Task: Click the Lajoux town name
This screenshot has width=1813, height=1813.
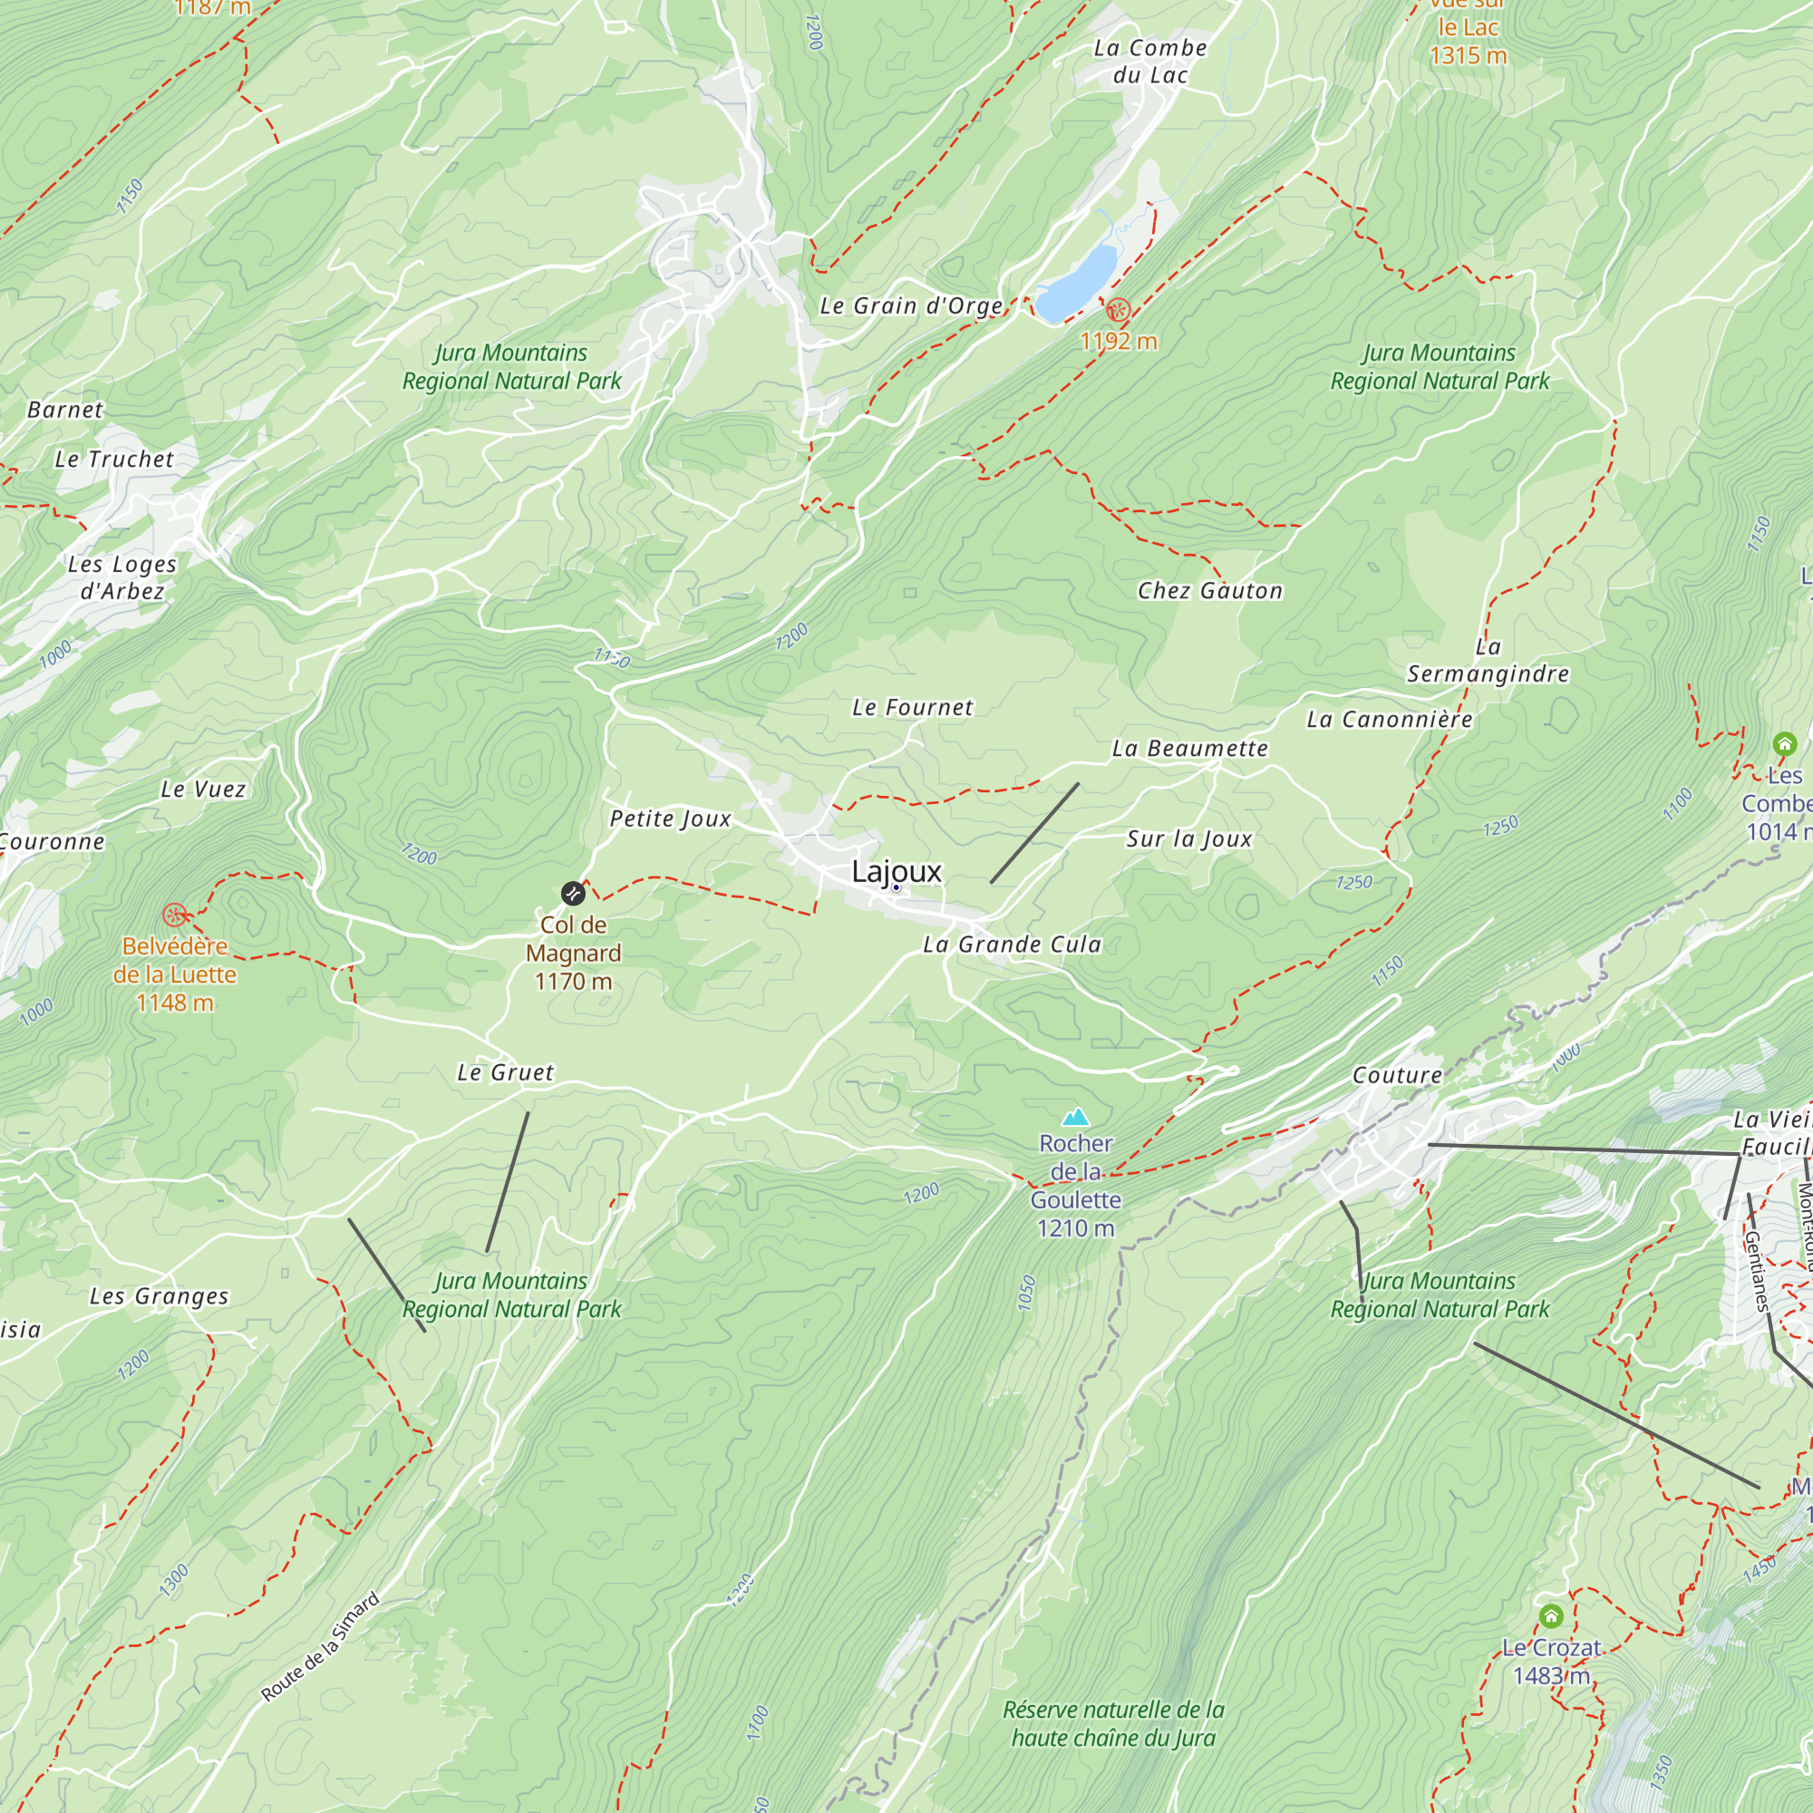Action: click(x=897, y=871)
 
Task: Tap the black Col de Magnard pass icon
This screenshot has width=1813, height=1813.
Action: click(x=572, y=894)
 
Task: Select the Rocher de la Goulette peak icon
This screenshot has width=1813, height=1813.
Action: click(x=1075, y=1117)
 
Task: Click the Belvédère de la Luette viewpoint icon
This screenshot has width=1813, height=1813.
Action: click(x=175, y=915)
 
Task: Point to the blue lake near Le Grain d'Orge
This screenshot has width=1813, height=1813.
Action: click(x=1077, y=279)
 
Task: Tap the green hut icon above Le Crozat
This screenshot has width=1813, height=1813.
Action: click(x=1551, y=1616)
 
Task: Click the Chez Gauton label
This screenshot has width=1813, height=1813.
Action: click(x=1209, y=590)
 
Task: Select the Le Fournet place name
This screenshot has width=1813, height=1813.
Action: click(x=912, y=708)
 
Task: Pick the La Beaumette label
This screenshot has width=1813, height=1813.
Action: click(x=1189, y=748)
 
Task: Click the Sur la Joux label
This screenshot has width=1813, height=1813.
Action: click(x=1189, y=839)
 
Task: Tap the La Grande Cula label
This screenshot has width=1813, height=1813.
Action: click(x=1012, y=944)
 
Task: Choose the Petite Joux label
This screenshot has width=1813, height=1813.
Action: click(x=670, y=819)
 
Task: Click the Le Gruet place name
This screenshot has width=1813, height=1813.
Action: click(x=505, y=1071)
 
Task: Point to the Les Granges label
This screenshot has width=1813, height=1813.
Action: click(x=159, y=1296)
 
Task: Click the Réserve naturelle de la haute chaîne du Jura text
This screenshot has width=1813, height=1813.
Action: click(x=1113, y=1724)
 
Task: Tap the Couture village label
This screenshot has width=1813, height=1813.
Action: click(x=1396, y=1075)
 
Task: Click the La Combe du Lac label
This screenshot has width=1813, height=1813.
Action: click(x=1150, y=61)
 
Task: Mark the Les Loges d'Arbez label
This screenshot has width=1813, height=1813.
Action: click(x=122, y=577)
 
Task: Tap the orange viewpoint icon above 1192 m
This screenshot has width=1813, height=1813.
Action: click(x=1118, y=309)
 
